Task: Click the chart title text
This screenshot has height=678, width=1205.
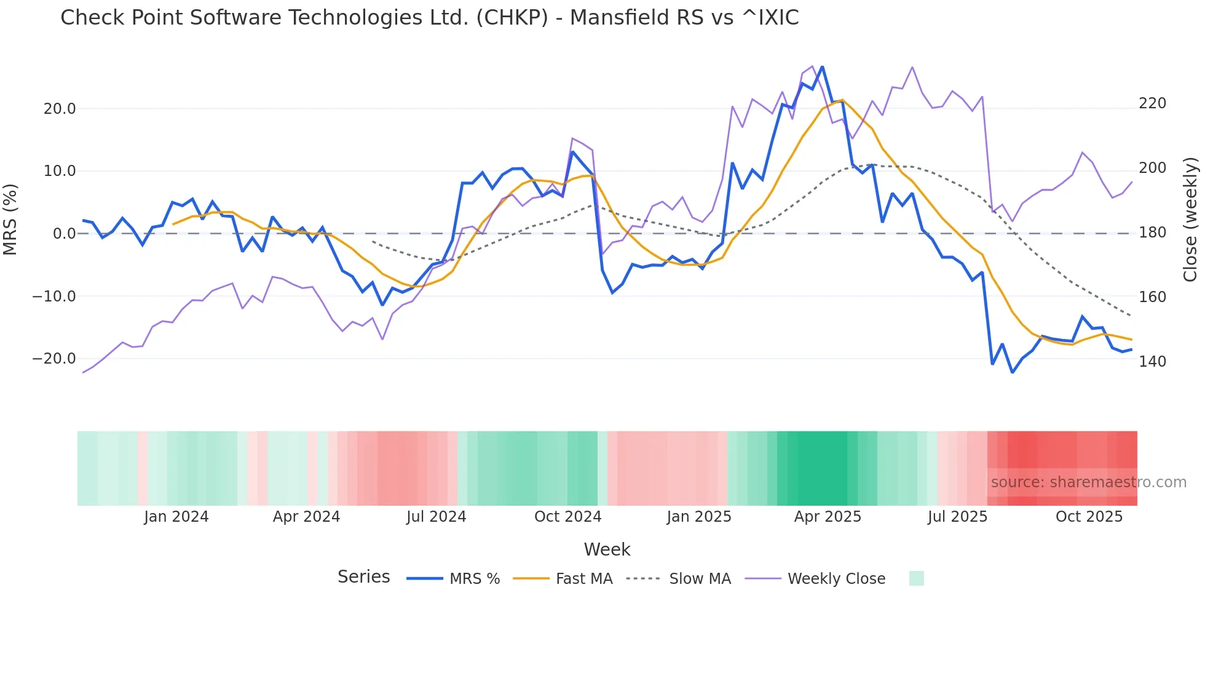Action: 429,18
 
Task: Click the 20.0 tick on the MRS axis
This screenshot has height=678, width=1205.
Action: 60,109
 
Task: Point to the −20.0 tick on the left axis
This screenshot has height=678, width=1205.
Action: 54,359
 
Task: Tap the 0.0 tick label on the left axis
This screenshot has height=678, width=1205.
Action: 65,234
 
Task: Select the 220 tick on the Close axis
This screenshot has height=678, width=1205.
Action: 1152,103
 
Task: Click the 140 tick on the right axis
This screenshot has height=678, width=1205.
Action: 1152,362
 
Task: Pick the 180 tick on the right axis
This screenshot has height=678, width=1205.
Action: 1152,233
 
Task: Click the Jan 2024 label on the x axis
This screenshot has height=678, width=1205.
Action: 176,517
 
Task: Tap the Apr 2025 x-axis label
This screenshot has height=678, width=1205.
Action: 828,517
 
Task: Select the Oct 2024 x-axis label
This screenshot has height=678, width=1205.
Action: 567,517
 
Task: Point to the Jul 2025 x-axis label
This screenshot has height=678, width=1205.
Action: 957,517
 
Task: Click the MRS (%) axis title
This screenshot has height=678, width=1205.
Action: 10,220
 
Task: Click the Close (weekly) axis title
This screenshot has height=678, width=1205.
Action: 1190,220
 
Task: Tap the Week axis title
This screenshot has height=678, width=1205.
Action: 607,549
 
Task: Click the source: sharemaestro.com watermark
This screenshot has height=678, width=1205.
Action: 1088,482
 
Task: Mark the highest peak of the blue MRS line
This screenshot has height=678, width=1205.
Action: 823,66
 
